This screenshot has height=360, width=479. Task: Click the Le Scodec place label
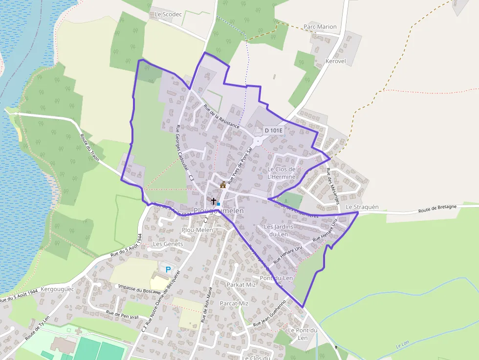168,14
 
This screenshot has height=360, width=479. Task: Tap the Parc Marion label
320,26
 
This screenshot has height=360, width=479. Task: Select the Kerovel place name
335,62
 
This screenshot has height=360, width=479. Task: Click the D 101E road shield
274,130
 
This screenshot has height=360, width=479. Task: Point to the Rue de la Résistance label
222,117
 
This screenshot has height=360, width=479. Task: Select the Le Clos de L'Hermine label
282,173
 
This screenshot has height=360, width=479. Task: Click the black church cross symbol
213,201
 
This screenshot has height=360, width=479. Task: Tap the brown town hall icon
223,185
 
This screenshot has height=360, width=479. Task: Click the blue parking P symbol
169,269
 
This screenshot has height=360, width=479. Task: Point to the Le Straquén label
362,207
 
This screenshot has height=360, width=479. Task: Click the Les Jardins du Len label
279,230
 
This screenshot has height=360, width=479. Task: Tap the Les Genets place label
168,244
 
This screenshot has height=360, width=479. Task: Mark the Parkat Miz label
241,285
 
